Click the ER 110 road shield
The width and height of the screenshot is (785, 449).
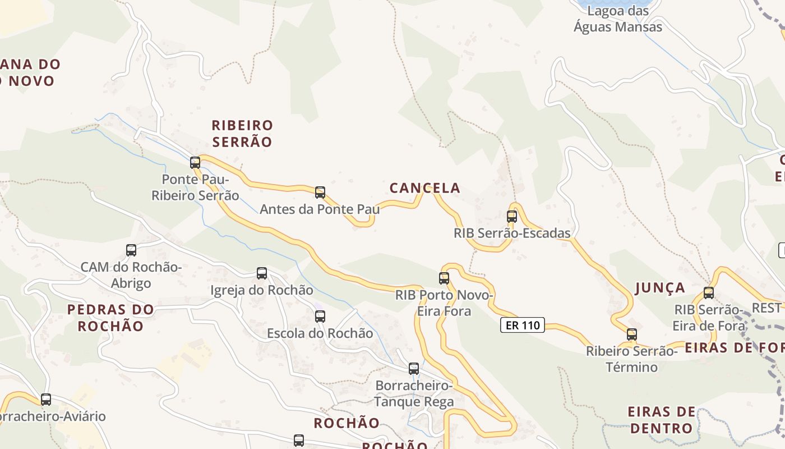(523, 325)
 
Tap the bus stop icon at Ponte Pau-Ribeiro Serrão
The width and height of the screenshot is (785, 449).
(195, 163)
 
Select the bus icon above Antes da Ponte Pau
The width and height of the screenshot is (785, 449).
(320, 193)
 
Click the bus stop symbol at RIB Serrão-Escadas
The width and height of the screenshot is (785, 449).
(512, 217)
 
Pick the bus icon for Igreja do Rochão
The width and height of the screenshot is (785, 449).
(262, 273)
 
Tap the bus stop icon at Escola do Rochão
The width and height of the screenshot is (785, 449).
(320, 316)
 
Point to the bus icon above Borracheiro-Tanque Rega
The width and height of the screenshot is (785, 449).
(414, 369)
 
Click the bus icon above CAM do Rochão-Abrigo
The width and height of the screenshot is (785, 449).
(131, 250)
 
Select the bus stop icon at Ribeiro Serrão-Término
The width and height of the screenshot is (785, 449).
(632, 335)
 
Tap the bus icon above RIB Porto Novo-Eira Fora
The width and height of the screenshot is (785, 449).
(444, 278)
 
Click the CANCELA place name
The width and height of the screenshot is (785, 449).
(425, 188)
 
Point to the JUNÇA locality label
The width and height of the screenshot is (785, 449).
(660, 288)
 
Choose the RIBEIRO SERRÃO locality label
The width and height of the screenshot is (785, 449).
(242, 134)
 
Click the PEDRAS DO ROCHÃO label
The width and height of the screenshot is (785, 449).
(110, 318)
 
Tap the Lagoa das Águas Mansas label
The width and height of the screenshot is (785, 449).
(618, 19)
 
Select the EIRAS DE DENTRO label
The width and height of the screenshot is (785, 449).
(662, 420)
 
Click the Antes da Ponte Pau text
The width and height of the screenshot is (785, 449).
(320, 209)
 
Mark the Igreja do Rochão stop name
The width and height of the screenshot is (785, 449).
(262, 290)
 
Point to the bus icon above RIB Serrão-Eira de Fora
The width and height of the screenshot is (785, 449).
(709, 293)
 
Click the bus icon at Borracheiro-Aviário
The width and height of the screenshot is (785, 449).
(46, 400)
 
